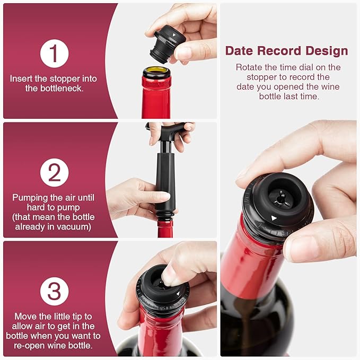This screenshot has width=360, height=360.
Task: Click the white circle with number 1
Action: click(55, 53)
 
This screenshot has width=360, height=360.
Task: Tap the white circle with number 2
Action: click(55, 172)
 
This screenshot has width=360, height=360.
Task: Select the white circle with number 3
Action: click(55, 292)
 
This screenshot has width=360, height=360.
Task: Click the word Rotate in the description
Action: click(249, 67)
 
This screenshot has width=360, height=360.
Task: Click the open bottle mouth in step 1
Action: click(157, 70)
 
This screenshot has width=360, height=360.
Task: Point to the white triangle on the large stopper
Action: click(274, 218)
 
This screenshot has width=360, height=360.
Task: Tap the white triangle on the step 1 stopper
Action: click(174, 35)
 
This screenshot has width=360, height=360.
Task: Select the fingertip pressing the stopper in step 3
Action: click(169, 275)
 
